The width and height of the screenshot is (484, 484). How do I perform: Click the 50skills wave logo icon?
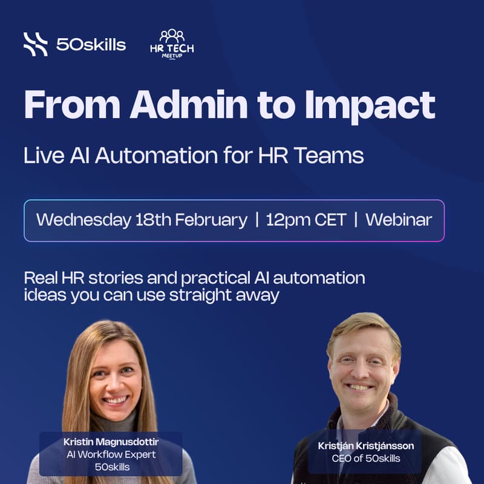tap(35, 44)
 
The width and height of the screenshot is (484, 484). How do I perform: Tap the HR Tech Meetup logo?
tap(172, 44)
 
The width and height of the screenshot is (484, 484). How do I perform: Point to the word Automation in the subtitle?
tap(151, 155)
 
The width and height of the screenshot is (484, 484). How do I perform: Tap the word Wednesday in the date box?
tap(84, 220)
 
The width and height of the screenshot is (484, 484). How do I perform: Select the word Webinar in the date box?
tap(399, 220)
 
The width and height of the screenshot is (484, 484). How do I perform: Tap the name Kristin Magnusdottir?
tap(111, 441)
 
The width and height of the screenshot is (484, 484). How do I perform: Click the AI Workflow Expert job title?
tap(111, 454)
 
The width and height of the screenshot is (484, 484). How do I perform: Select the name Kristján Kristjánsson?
tap(365, 445)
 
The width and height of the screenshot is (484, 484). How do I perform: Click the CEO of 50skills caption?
tap(365, 459)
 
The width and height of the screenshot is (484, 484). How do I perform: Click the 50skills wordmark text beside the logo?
tap(91, 44)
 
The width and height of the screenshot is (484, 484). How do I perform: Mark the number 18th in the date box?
tap(152, 220)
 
